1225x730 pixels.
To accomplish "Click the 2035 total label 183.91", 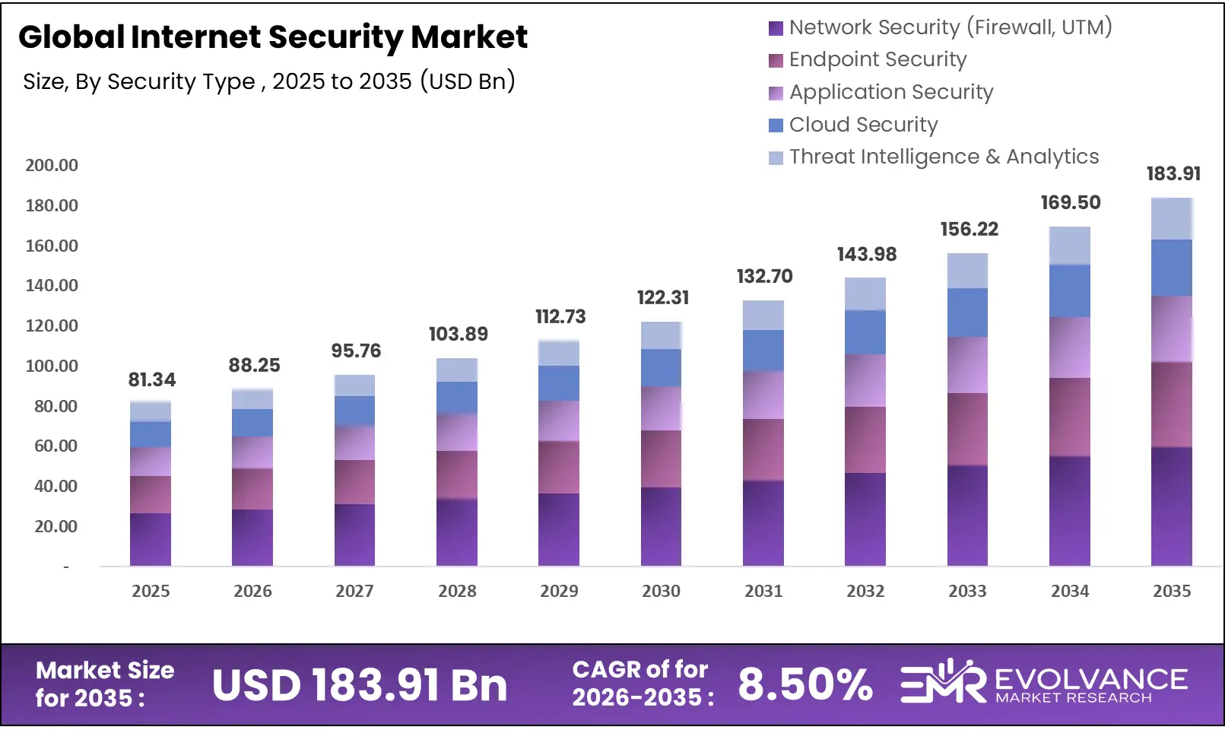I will [1173, 173].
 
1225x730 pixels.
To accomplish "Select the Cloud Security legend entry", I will [863, 125].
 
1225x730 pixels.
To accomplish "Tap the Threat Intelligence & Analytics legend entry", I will [943, 157].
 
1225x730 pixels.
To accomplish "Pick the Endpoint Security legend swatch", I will [776, 61].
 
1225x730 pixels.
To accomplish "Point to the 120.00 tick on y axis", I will [52, 325].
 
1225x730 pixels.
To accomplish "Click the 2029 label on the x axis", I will [559, 591].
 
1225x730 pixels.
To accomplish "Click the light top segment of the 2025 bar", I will [151, 411].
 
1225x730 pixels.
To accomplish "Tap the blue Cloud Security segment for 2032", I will [865, 332].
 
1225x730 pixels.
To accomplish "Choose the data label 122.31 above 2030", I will [663, 297].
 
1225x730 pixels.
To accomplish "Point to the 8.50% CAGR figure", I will [805, 684].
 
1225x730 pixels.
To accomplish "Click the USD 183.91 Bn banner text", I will [360, 685].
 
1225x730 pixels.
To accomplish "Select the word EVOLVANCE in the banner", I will [1090, 678].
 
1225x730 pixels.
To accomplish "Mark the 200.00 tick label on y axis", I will [52, 165].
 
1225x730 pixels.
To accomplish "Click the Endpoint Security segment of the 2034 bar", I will [1069, 417].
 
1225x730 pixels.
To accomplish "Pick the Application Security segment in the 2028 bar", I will [457, 432].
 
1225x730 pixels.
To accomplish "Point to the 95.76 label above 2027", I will [356, 351].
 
